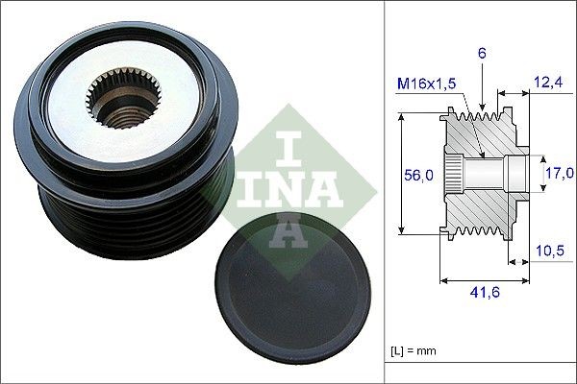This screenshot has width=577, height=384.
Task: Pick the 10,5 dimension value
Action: tap(547, 252)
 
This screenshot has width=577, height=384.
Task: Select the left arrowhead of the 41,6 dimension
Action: tap(443, 281)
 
